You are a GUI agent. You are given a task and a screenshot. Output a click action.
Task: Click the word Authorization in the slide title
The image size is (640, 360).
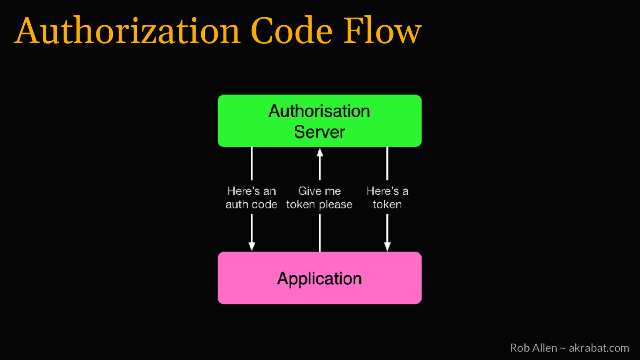(x=127, y=31)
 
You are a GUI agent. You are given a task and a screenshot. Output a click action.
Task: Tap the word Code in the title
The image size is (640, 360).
(x=292, y=31)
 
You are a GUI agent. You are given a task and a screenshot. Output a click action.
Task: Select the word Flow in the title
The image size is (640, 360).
(x=382, y=31)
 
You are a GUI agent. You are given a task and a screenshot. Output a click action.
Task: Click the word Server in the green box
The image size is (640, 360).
(x=319, y=132)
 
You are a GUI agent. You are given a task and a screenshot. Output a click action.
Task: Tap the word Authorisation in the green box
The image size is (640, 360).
(x=319, y=111)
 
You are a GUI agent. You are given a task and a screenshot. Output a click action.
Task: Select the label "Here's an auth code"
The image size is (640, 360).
(x=251, y=198)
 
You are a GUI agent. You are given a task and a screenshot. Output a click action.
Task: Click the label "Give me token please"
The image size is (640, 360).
(x=319, y=198)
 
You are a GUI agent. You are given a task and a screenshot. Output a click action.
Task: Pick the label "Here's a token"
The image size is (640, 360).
(x=387, y=198)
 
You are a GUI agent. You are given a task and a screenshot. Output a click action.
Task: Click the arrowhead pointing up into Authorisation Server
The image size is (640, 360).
(x=320, y=152)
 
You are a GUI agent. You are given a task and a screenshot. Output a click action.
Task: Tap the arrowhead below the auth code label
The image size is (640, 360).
(x=252, y=246)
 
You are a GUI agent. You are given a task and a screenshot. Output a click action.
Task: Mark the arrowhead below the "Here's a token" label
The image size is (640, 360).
(x=387, y=246)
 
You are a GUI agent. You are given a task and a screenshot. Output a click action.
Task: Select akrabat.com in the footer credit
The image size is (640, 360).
(x=599, y=348)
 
